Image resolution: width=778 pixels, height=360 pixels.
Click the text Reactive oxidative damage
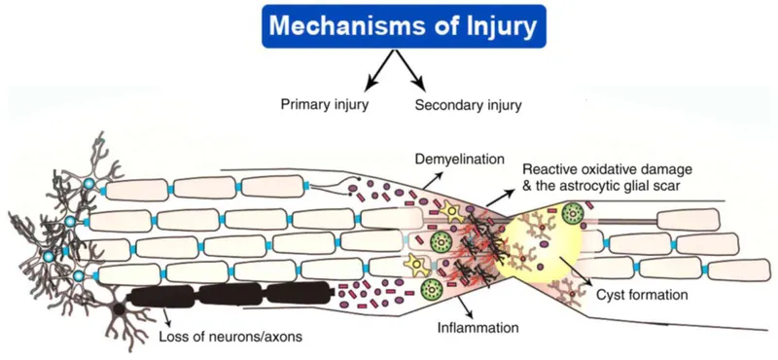point(597,168)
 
